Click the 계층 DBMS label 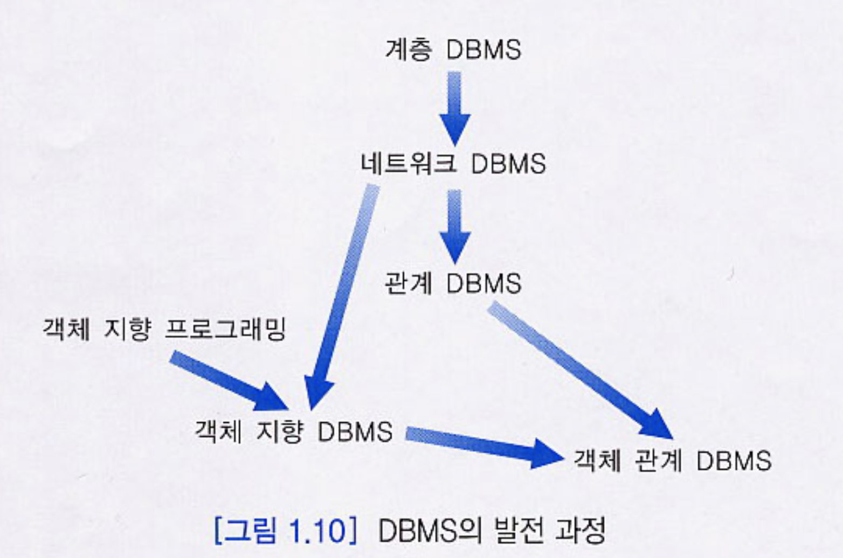point(453,50)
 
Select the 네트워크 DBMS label point(453,163)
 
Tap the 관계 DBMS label point(453,283)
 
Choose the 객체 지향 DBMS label point(293,431)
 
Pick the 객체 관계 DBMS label point(672,461)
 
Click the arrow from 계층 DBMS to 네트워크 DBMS point(455,108)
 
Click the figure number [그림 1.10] point(285,531)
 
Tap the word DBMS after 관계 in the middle point(483,283)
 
